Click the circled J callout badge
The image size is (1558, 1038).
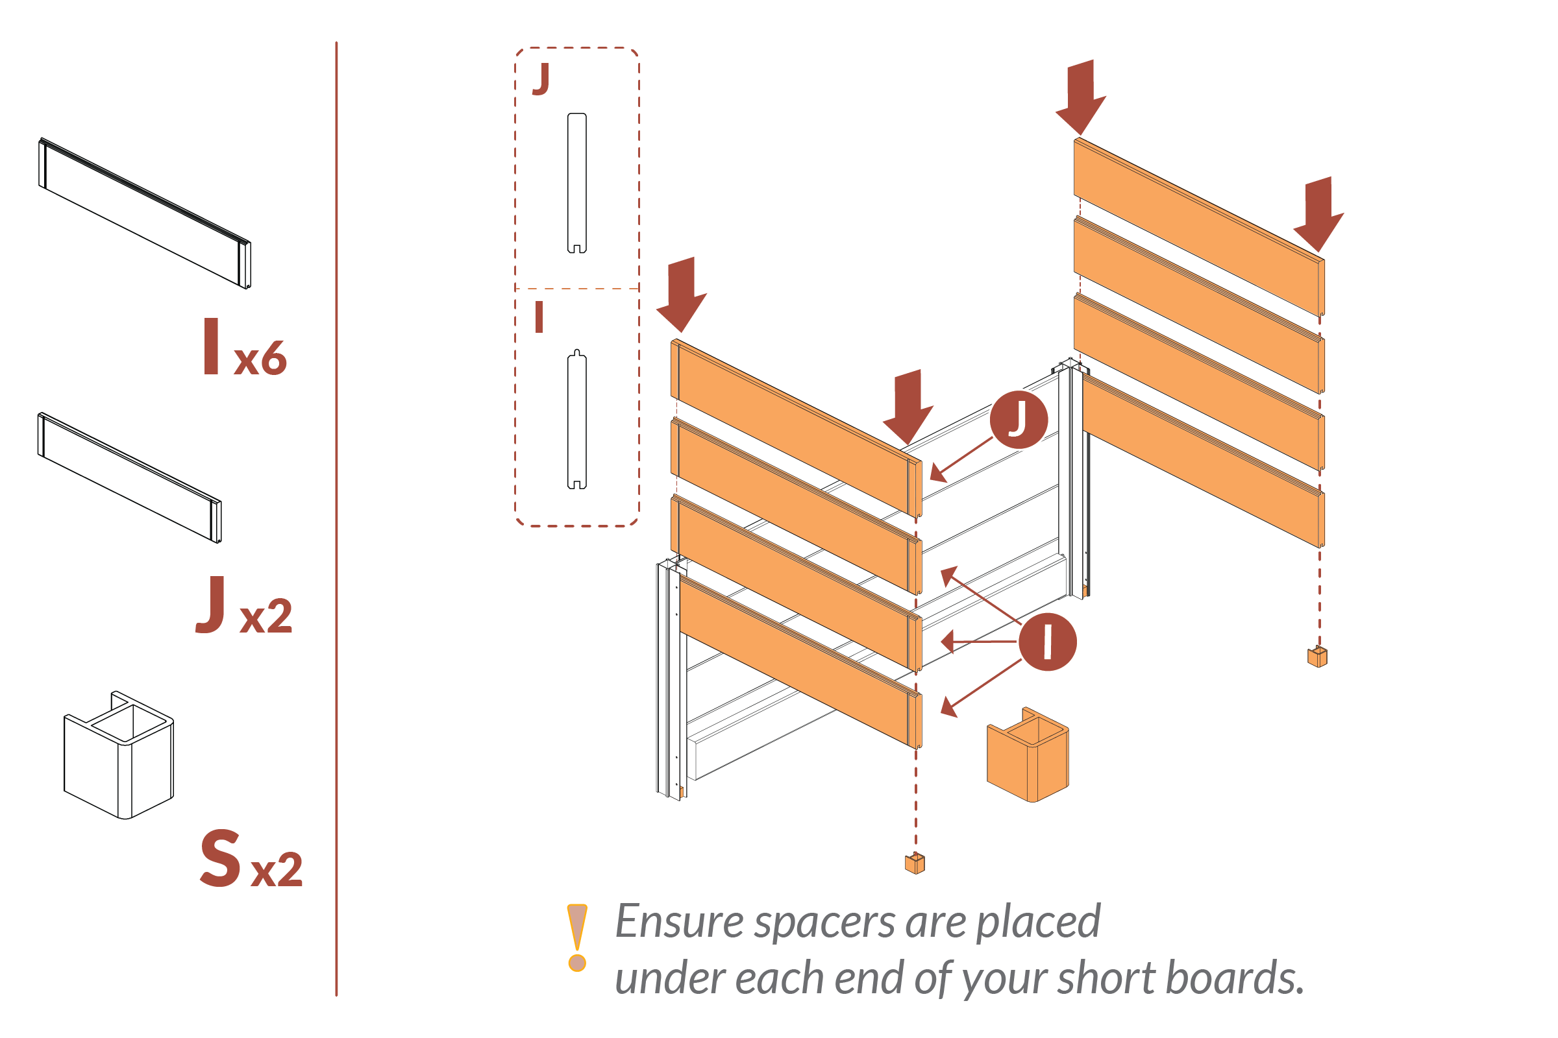click(1019, 420)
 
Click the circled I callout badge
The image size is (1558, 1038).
click(1047, 642)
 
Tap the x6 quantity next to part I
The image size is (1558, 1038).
click(260, 359)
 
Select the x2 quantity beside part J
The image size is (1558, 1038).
click(266, 616)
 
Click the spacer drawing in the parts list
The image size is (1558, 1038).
click(119, 755)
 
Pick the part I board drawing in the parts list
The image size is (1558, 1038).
click(145, 213)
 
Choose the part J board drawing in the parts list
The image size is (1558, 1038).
click(130, 477)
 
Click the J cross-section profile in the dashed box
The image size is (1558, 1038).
click(577, 184)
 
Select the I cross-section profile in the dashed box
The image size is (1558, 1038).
click(577, 420)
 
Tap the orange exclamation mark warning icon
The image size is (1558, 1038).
click(577, 937)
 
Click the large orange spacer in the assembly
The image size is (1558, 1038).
click(1028, 755)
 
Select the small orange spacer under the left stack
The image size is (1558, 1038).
click(915, 863)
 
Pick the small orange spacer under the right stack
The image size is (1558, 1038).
click(1318, 657)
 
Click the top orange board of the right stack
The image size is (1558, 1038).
click(1199, 226)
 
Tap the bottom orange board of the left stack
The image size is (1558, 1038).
click(800, 662)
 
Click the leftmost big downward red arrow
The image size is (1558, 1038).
click(682, 293)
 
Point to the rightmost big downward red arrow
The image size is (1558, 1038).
click(1318, 213)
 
